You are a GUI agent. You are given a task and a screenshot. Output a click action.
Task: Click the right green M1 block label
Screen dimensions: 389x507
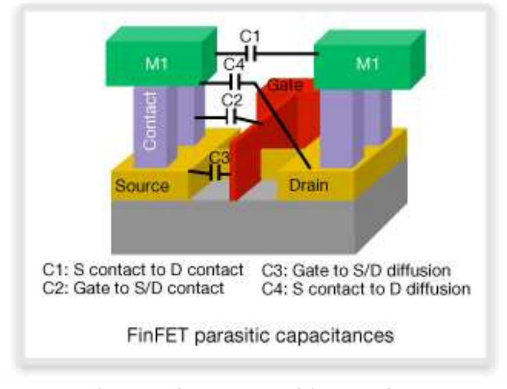point(367,64)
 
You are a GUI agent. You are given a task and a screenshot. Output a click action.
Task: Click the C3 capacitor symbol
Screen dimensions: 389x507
point(219,174)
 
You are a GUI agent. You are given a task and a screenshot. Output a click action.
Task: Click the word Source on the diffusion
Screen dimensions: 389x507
point(142,186)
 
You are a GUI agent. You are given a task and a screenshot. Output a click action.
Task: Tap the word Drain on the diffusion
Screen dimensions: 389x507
point(308,186)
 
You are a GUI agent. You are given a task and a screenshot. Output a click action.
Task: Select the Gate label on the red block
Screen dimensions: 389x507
point(285,85)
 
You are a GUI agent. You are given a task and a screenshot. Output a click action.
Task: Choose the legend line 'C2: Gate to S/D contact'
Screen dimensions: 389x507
point(133,288)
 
